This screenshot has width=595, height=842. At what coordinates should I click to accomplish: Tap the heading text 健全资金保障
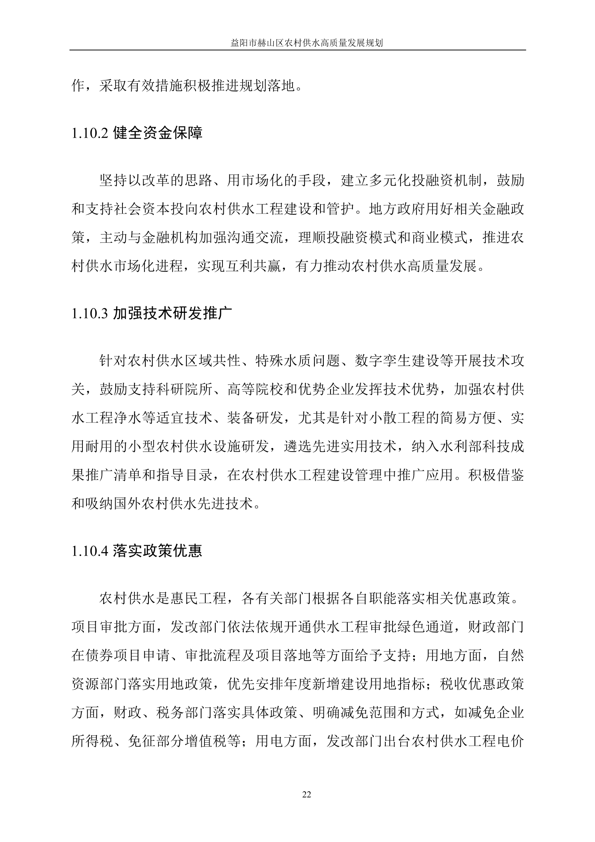158,133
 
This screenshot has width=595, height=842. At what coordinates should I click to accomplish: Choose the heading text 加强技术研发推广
172,313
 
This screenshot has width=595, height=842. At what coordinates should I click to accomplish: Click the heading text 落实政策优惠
158,551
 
